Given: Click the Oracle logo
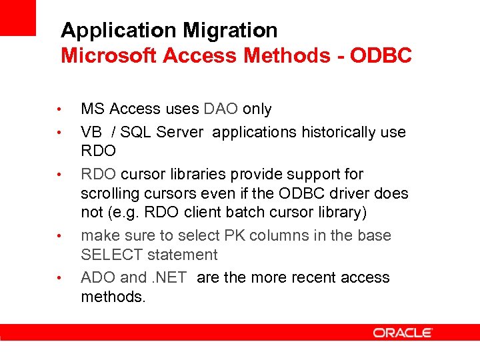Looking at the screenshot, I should [403, 333].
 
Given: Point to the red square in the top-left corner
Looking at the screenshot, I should [17, 17].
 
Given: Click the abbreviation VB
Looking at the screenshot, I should [90, 132].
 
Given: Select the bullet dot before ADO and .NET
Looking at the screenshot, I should [59, 278].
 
